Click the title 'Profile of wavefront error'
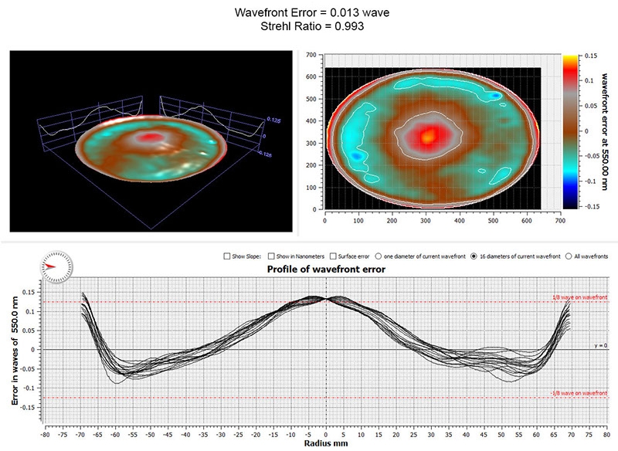[325, 270]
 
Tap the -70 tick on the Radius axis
[79, 434]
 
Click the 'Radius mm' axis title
[325, 445]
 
